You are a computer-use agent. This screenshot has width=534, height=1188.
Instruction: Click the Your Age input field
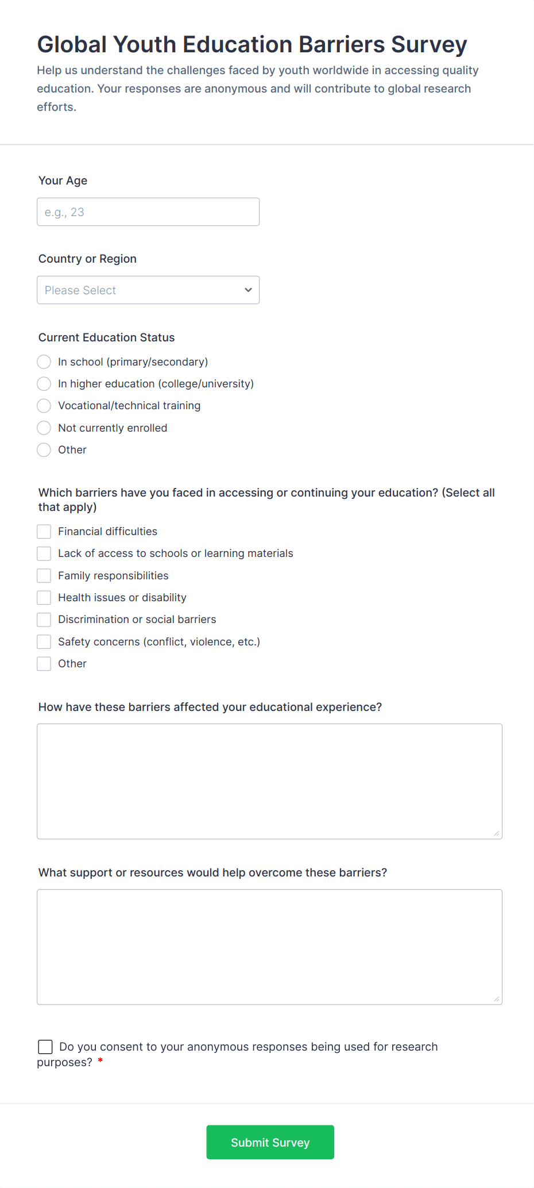(x=148, y=212)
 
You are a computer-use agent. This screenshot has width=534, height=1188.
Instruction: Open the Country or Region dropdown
(x=148, y=290)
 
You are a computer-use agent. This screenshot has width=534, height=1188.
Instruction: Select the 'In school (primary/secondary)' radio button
(x=44, y=362)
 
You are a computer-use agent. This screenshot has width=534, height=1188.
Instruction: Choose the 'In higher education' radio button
(x=44, y=383)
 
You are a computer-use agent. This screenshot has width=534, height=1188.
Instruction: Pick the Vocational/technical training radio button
(x=44, y=406)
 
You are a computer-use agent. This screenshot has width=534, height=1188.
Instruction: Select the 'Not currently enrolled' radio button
(x=44, y=428)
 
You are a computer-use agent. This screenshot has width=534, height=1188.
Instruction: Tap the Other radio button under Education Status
(x=44, y=449)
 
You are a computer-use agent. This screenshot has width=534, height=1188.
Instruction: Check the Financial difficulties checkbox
(x=44, y=532)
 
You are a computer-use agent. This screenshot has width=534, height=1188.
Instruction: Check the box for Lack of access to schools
(x=44, y=553)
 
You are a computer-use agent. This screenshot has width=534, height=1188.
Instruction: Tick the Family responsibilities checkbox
(x=44, y=575)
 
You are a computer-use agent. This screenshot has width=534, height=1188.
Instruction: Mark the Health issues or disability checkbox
(x=44, y=598)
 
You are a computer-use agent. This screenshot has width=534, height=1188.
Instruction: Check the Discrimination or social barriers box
(x=44, y=620)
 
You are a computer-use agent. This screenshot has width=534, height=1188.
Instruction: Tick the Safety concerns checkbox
(x=44, y=641)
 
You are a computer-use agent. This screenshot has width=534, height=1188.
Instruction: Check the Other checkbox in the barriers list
(x=44, y=664)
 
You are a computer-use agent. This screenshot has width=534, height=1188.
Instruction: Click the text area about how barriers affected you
(x=269, y=781)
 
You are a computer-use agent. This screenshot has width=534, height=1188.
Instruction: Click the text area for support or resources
(x=269, y=947)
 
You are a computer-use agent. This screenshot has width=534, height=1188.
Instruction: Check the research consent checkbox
(x=45, y=1047)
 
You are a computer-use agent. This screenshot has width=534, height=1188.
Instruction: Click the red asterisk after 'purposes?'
(x=100, y=1061)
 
